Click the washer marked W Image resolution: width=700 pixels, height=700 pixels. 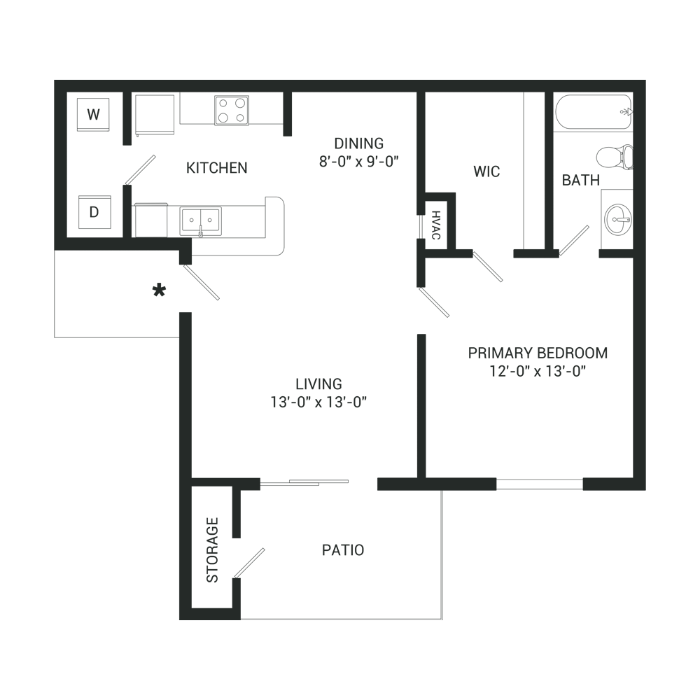pos(93,113)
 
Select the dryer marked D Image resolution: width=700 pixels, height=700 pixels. pos(93,211)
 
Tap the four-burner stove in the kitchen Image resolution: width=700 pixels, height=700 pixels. pos(231,110)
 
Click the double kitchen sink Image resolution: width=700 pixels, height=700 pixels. pos(200,220)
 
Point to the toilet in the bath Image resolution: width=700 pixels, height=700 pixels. pos(616,156)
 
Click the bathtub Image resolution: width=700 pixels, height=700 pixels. pos(594,112)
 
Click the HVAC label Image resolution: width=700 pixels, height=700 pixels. pos(435,225)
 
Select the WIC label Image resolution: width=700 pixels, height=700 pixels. pos(486,171)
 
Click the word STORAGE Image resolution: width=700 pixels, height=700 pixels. pos(212,549)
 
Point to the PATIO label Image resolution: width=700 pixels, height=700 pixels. pos(343,550)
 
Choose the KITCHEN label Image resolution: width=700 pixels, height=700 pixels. pos(217,168)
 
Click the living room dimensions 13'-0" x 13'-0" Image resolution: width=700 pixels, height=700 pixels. pos(318,402)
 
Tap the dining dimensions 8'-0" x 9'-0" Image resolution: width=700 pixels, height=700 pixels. pos(358,161)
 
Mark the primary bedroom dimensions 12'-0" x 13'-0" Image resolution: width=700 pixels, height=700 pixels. pos(537,371)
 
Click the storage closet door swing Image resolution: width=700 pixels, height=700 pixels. pos(249,563)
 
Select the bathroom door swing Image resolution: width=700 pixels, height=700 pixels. pos(574,240)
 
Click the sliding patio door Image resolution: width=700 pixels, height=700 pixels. pos(304,482)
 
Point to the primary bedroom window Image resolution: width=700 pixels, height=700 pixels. pos(539,484)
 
